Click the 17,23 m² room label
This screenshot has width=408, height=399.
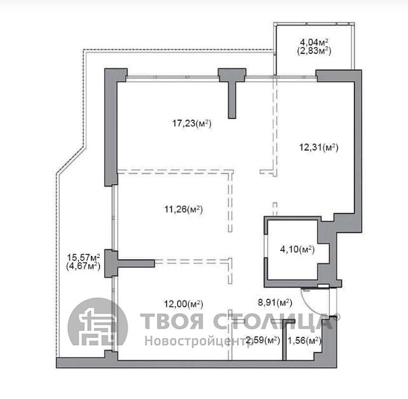192,123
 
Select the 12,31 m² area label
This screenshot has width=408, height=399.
319,147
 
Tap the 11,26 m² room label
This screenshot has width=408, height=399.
184,209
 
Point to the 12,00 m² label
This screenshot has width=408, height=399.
184,304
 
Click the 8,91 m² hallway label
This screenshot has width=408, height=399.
275,302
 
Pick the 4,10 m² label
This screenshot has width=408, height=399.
297,250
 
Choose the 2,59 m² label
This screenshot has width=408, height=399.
263,340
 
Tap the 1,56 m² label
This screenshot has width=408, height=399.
304,340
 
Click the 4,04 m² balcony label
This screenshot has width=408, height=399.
314,42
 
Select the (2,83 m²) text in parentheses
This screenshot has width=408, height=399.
314,51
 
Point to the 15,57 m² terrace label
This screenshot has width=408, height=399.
83,257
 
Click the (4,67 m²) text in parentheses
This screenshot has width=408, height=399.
83,266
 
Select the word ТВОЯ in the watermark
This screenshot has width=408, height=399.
171,321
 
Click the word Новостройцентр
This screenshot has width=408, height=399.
196,341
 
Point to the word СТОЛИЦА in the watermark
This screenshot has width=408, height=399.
273,321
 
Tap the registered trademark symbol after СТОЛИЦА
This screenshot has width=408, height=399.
337,316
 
